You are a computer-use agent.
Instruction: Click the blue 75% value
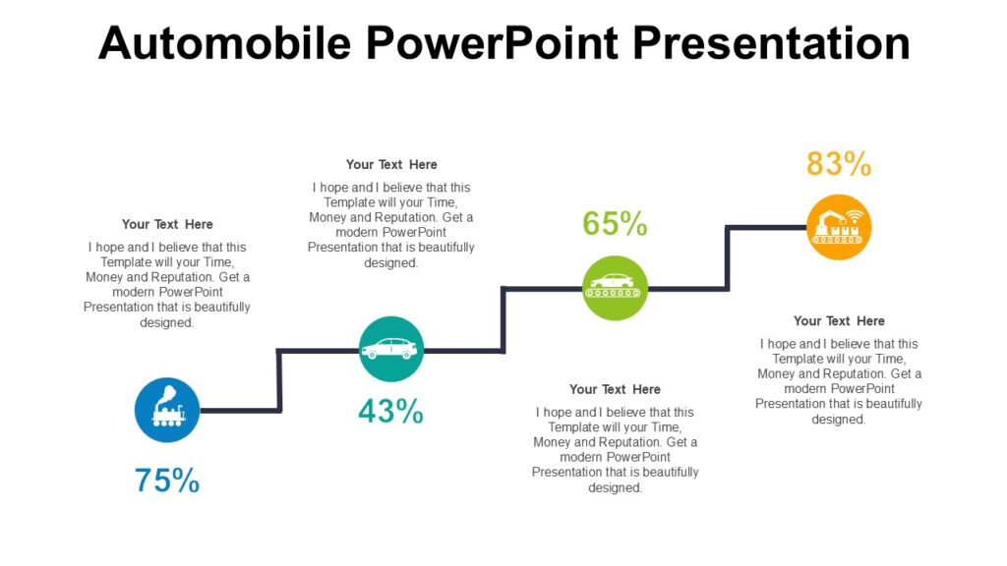[167, 481]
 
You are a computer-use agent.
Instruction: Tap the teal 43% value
[390, 412]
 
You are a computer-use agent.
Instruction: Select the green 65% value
[615, 224]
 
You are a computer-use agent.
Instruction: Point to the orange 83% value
[839, 164]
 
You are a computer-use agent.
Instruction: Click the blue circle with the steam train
[167, 410]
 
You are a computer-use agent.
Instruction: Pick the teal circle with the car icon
[391, 349]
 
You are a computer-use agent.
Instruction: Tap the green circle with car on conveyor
[615, 288]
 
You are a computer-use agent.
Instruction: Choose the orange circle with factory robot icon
[839, 227]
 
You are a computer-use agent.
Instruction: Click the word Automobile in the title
[225, 43]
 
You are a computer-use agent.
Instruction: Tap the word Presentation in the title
[771, 43]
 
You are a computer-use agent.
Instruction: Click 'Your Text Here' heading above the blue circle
[167, 224]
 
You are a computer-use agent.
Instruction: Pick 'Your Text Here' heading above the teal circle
[391, 164]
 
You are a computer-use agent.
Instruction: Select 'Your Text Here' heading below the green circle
[615, 389]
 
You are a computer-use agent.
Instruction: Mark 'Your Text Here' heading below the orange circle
[839, 320]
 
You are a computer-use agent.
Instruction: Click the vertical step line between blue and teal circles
[280, 380]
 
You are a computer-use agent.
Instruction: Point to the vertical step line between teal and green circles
[503, 319]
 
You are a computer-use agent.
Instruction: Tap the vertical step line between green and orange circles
[728, 258]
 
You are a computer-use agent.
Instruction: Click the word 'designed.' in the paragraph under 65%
[615, 487]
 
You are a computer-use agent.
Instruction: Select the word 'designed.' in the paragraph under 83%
[839, 420]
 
